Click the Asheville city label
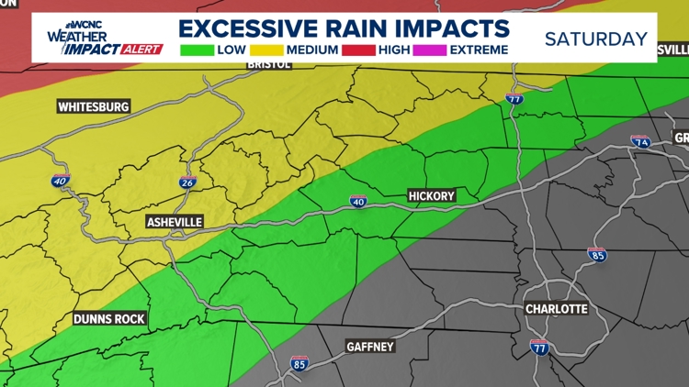click(175, 222)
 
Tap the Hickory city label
click(431, 196)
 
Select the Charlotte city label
click(556, 309)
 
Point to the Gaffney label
click(370, 347)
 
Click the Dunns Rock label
click(109, 319)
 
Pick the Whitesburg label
click(94, 106)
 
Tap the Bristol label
click(269, 65)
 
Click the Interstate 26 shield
click(187, 182)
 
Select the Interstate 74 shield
click(640, 142)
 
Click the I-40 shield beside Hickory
click(358, 202)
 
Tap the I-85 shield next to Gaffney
click(299, 363)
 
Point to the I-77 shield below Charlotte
click(540, 347)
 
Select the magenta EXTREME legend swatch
click(432, 49)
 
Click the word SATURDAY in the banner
click(595, 39)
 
